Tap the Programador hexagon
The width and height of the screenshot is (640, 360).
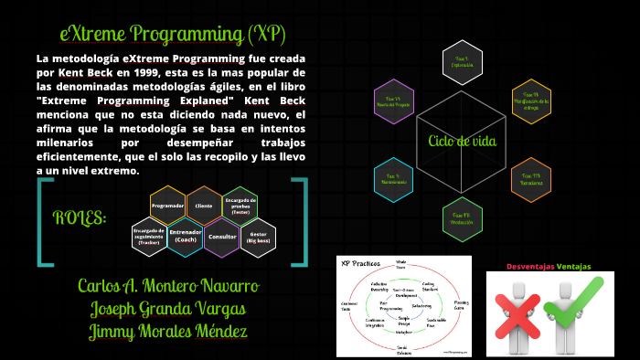pos(167,206)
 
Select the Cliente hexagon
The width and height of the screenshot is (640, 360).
pos(204,206)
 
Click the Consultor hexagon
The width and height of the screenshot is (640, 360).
pos(222,236)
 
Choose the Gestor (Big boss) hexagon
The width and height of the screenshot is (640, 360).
pos(258,236)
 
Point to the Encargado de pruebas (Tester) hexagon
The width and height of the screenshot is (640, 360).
pos(240,206)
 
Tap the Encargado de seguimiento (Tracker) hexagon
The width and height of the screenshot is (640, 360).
pos(148,236)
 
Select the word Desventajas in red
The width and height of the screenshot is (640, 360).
pos(533,267)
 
